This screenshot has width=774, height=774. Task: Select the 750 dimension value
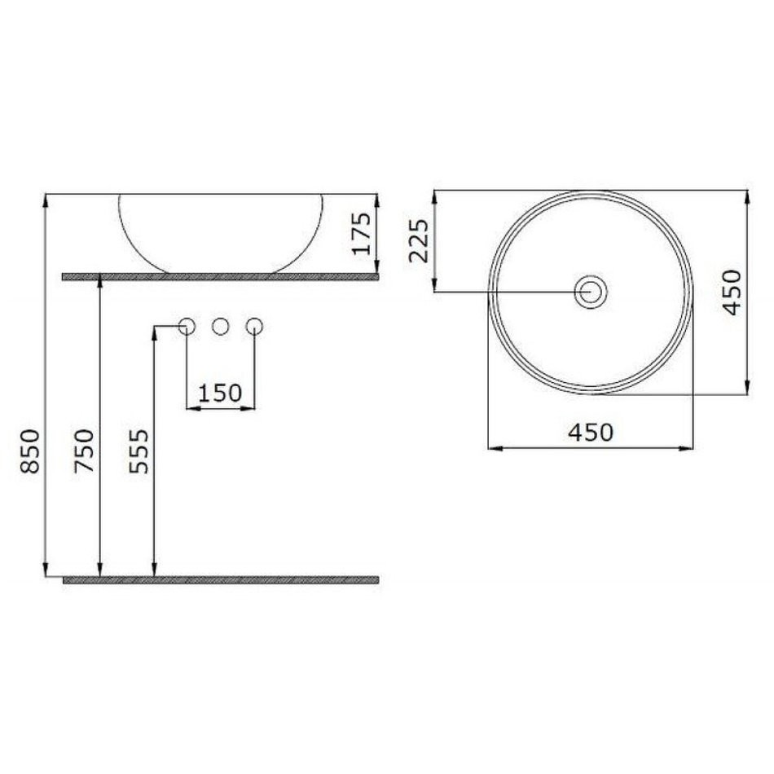[84, 451]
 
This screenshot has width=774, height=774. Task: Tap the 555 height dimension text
[139, 451]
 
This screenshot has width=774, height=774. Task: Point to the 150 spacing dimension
[220, 393]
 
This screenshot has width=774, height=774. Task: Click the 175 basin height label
[362, 233]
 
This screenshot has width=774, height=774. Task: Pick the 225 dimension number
[419, 240]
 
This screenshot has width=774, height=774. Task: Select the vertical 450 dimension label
[732, 292]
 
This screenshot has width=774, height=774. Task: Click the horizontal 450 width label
[591, 433]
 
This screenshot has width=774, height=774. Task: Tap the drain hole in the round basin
[591, 292]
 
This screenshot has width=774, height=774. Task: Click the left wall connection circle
[187, 326]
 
